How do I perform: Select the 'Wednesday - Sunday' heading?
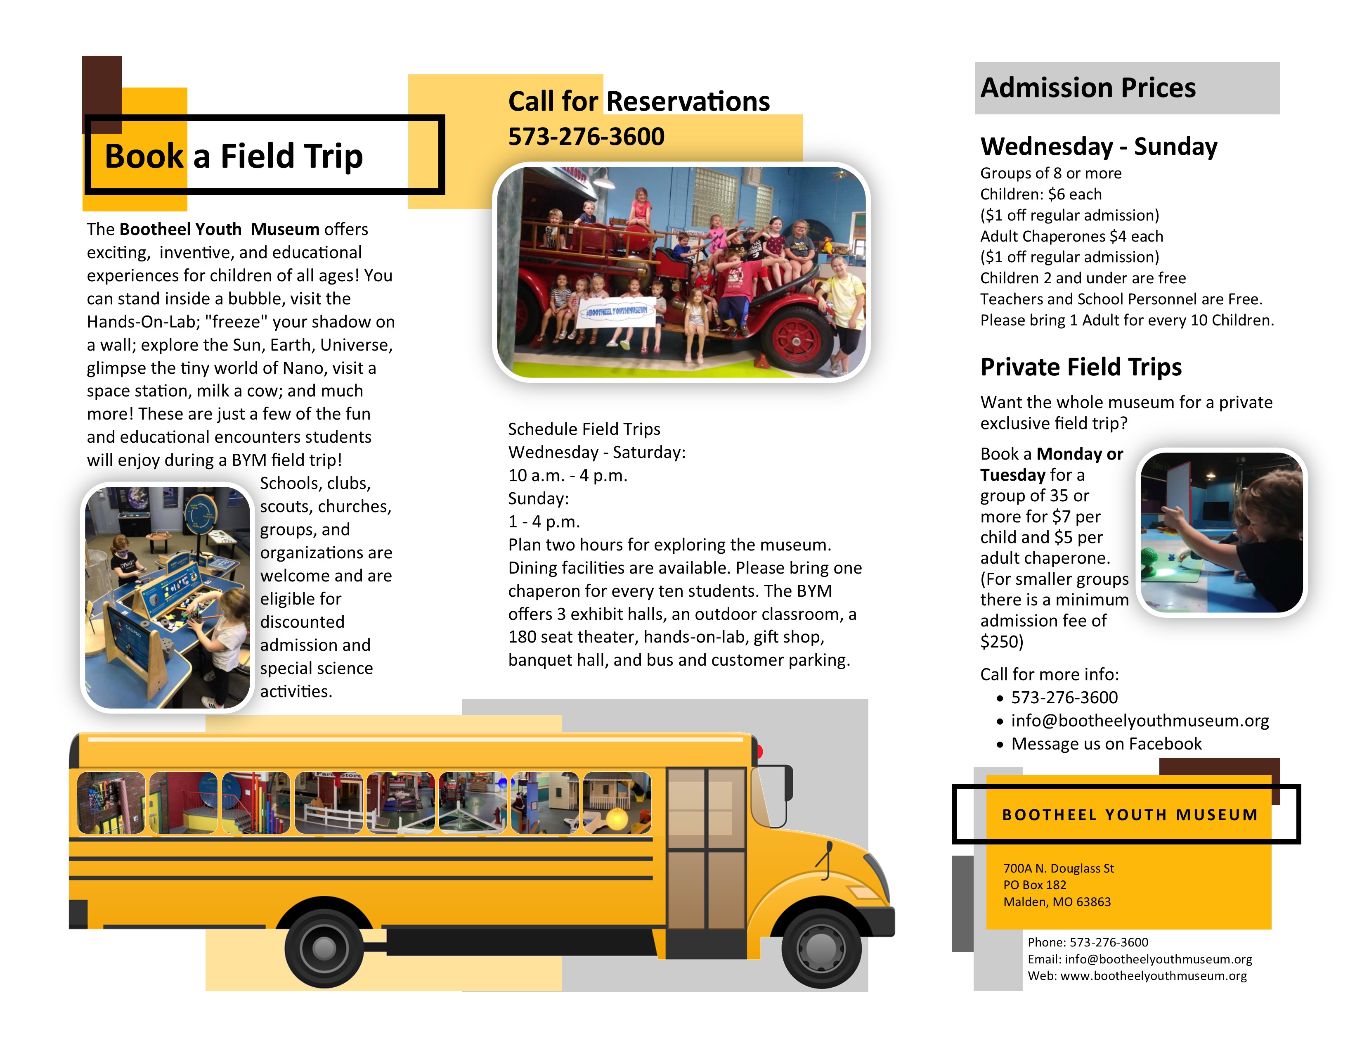coord(1098,147)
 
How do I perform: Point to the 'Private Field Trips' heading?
coord(1081,367)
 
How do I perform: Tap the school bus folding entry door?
coord(707,849)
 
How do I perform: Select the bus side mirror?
coord(787,783)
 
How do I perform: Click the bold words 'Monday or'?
coord(1080,454)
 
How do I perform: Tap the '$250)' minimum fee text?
coord(1002,642)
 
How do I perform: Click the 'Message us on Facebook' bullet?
coord(1106,744)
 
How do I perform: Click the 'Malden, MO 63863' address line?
coord(1057,902)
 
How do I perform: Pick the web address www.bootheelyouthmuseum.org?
coord(1153,976)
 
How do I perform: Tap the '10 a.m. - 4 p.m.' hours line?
coord(567,475)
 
